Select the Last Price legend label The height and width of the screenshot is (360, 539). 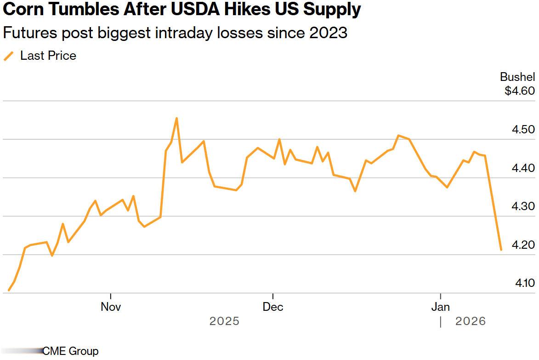[48, 56]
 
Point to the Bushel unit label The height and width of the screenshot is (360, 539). [517, 77]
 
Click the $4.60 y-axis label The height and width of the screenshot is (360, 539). [520, 91]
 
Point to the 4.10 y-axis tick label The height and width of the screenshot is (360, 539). [525, 283]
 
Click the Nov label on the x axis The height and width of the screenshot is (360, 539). [111, 307]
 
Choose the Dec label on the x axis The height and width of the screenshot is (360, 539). [273, 307]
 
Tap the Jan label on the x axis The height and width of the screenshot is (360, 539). [441, 307]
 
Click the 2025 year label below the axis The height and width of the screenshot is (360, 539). [224, 321]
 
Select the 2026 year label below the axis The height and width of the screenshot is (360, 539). [471, 321]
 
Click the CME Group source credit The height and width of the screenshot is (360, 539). [70, 351]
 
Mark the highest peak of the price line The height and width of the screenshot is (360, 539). [176, 118]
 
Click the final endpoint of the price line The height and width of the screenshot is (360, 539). [501, 250]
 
